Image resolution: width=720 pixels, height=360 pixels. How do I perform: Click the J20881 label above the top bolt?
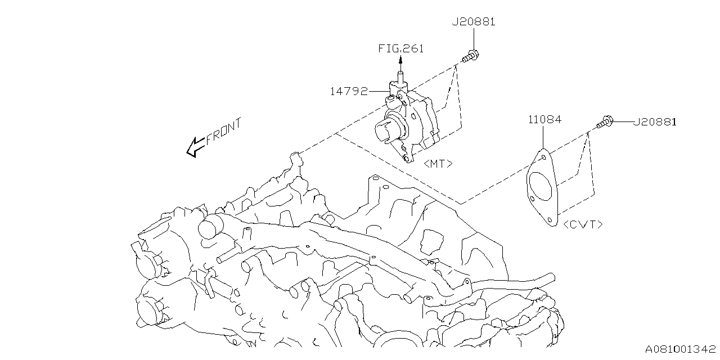(474, 22)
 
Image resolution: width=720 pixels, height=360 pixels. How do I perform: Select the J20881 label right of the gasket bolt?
(655, 121)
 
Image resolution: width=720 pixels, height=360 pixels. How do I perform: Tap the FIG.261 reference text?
(400, 48)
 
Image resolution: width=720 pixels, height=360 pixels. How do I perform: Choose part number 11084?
(544, 119)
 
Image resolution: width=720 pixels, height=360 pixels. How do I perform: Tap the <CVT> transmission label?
(583, 224)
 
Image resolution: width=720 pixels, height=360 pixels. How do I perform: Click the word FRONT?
(223, 132)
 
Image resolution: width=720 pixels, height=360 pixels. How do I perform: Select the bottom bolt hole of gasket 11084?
(549, 214)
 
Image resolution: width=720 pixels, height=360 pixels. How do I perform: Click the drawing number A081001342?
(680, 349)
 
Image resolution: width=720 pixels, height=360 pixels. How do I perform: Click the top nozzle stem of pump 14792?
(400, 78)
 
